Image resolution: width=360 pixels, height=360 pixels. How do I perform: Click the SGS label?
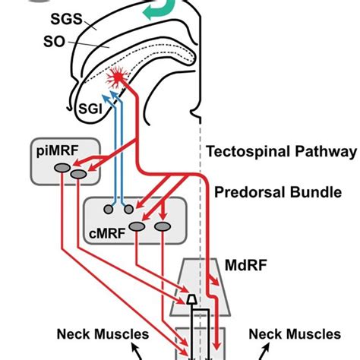point(67,19)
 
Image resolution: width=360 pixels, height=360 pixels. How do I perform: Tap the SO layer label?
point(54,42)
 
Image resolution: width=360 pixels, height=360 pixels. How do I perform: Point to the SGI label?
point(90,109)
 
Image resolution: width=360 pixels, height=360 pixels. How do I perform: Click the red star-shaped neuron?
point(118,77)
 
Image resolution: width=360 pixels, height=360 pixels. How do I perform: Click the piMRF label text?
point(58,151)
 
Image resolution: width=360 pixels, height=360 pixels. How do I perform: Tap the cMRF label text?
point(107,233)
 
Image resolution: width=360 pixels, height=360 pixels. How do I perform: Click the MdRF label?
point(246,265)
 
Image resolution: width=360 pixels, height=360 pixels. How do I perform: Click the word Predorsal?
point(250,192)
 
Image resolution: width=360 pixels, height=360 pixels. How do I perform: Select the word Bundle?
point(316,192)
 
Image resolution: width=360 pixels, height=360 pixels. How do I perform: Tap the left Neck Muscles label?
point(103,334)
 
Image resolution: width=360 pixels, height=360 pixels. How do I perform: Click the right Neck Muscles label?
point(295,334)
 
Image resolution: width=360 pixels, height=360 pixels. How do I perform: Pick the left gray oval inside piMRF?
point(62,168)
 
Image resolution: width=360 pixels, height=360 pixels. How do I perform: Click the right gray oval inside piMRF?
point(78,174)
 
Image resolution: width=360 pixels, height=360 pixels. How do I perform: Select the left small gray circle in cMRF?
point(109,210)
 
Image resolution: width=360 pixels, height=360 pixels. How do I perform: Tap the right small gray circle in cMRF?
point(128,210)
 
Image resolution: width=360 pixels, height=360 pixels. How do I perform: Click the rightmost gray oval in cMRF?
point(163,226)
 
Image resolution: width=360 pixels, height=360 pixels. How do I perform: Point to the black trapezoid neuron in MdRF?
point(192,299)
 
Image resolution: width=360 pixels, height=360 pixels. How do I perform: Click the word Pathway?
point(326,152)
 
